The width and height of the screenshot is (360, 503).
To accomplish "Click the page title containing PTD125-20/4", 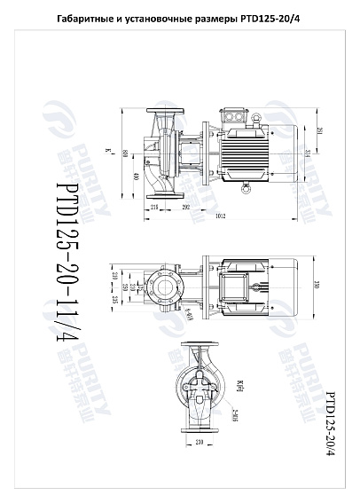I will (x=179, y=20).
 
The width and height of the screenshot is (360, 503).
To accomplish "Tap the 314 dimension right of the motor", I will (x=307, y=153).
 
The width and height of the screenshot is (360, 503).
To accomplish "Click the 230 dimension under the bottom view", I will (x=199, y=441).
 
